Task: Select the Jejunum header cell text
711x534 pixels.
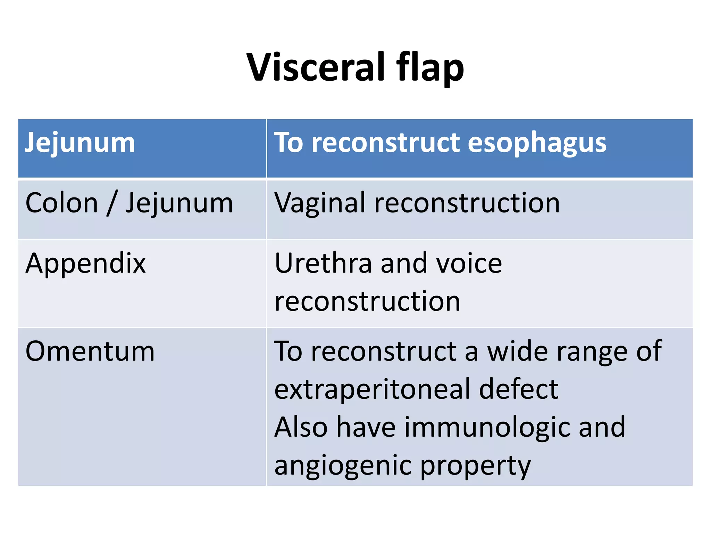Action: pos(80,143)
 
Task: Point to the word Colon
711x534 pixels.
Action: pos(62,203)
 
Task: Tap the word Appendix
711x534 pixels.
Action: pos(85,264)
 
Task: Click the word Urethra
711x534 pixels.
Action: pos(323,264)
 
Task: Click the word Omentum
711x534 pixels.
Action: pos(90,351)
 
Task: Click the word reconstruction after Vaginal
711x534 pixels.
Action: pos(467,203)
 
